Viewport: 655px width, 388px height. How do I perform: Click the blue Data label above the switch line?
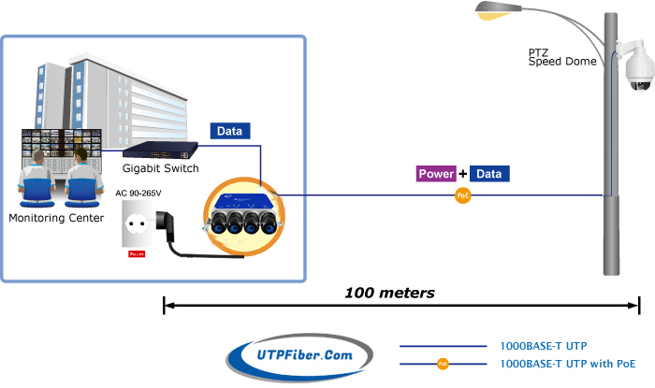coord(230,132)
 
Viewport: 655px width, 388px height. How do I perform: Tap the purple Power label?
coord(436,174)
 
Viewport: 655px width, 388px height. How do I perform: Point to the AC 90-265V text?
coord(138,194)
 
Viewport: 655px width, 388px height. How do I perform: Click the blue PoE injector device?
coord(241,208)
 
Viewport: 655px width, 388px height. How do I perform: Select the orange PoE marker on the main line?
coord(461,195)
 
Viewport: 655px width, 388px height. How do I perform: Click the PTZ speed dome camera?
coord(640,73)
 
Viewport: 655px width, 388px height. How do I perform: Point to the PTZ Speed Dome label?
coord(558,58)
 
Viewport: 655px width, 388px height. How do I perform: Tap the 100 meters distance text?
coord(389,293)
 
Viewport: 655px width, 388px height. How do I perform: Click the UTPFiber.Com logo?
coord(299,354)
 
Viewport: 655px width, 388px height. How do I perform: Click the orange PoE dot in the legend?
coord(444,363)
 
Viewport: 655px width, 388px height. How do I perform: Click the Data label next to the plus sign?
coord(490,174)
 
